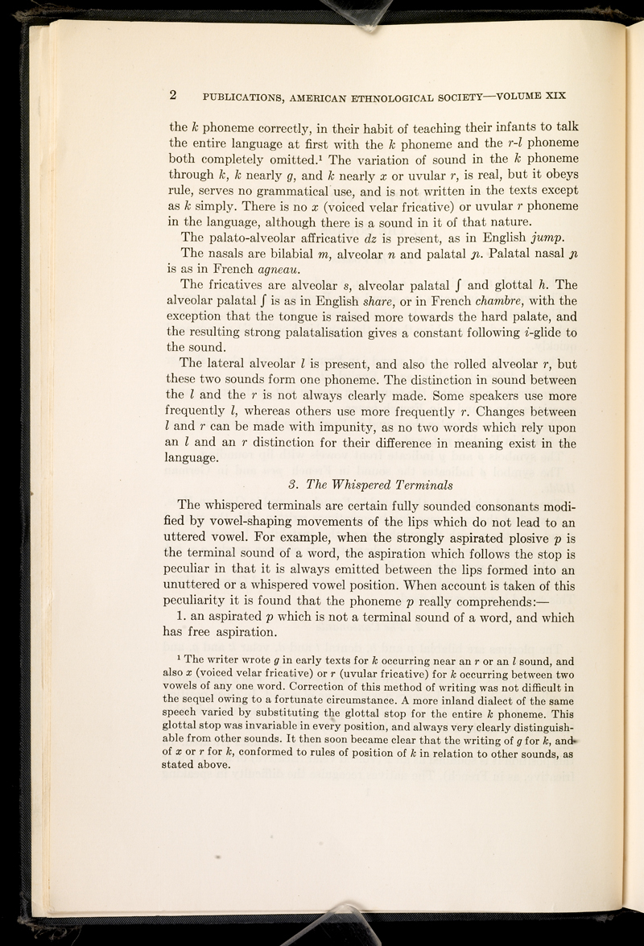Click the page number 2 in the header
point(173,93)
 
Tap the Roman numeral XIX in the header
point(553,93)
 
